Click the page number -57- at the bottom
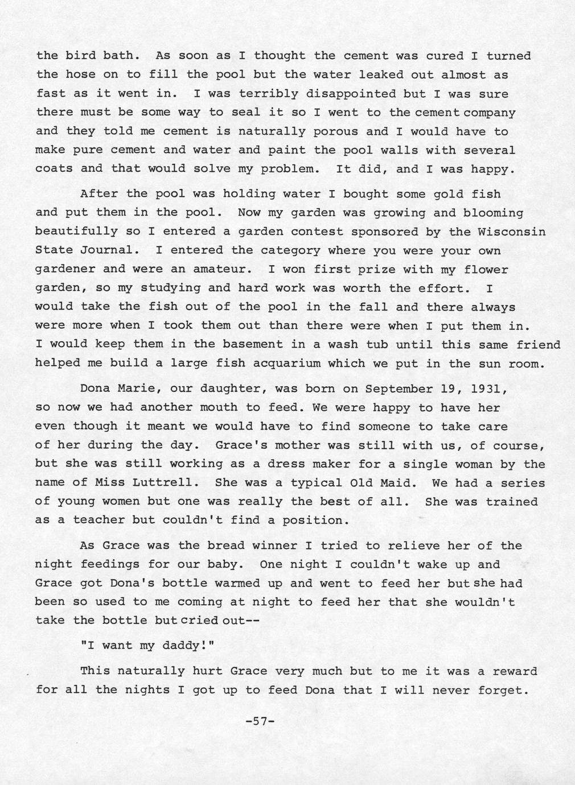(260, 721)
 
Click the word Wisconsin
(512, 232)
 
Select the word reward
(515, 671)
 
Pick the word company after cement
(489, 113)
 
